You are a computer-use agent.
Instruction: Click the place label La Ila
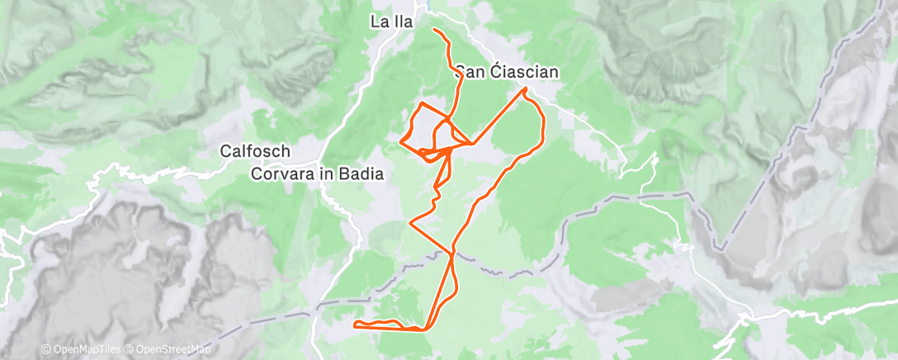point(391,23)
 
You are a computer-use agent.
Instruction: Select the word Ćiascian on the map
point(524,73)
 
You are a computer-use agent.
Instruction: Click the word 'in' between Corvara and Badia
point(328,174)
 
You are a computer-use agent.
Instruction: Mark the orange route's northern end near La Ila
point(433,30)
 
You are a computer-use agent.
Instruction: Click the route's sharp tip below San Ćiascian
point(525,88)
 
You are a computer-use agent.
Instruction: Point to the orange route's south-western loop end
point(355,325)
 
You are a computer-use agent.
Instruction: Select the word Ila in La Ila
point(402,23)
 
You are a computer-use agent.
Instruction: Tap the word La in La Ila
point(379,23)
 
